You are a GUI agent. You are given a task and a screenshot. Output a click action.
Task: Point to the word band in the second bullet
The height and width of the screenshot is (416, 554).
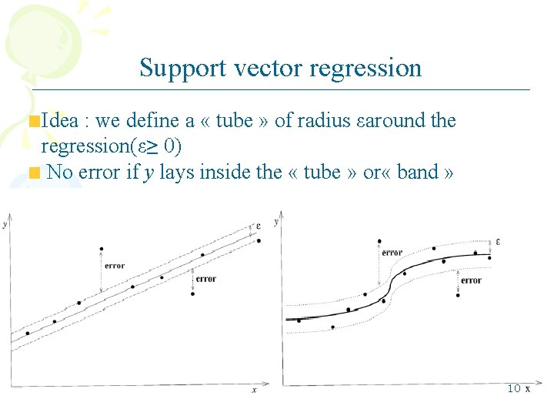tap(418, 172)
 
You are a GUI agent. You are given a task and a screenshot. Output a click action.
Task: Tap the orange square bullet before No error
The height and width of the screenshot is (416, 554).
tap(34, 172)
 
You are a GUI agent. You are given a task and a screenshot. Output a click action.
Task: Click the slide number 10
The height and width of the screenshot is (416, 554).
tap(514, 388)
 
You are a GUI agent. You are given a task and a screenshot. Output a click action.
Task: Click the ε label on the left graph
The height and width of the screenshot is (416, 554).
tap(259, 226)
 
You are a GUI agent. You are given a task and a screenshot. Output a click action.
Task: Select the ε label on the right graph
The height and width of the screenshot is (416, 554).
tap(498, 242)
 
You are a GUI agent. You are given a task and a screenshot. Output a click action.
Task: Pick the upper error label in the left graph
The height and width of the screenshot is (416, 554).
tap(114, 266)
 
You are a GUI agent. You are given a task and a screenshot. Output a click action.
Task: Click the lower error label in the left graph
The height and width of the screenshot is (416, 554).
tap(205, 279)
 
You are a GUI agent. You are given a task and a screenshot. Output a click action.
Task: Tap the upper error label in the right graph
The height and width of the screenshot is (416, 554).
tap(392, 253)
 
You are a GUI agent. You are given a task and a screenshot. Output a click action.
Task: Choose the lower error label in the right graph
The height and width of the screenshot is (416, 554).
tap(471, 280)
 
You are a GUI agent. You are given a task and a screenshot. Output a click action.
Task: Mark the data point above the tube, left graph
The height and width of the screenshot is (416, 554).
tap(102, 249)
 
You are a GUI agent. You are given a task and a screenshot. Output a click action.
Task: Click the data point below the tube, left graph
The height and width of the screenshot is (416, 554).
tap(192, 294)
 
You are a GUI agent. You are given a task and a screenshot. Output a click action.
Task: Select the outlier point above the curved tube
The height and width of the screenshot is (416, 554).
tap(379, 241)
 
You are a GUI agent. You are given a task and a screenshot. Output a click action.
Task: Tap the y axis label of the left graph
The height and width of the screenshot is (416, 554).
tap(5, 225)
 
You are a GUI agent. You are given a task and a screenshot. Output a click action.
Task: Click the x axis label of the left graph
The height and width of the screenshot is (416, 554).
tap(255, 391)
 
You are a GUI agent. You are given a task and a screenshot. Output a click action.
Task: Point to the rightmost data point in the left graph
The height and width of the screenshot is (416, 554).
tap(259, 240)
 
